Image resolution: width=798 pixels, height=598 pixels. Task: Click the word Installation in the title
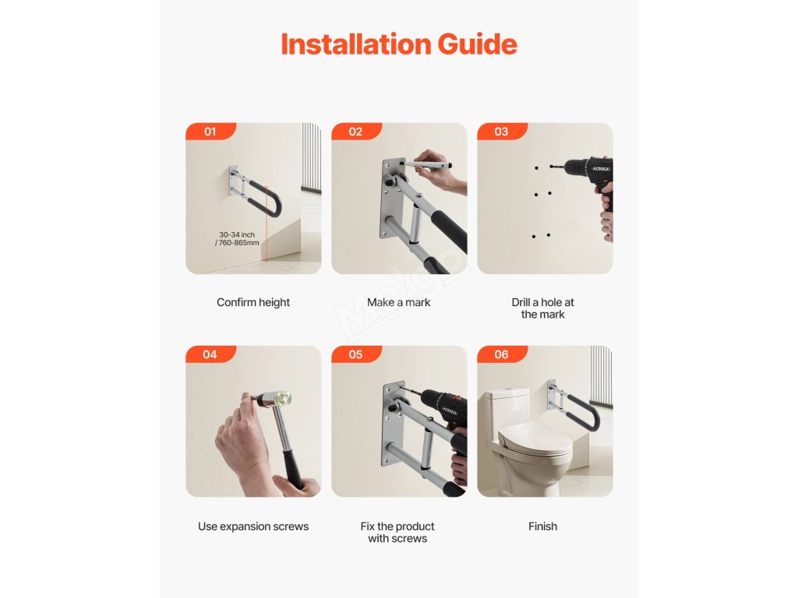click(x=356, y=44)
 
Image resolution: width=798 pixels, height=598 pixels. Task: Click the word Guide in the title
click(x=478, y=44)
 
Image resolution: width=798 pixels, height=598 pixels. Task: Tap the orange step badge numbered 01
click(x=210, y=131)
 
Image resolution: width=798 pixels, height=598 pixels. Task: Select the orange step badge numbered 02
click(x=355, y=131)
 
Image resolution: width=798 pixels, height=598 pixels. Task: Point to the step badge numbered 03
click(x=501, y=131)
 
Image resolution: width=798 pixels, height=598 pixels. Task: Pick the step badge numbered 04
click(x=210, y=354)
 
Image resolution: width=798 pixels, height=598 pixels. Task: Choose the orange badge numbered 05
click(x=355, y=354)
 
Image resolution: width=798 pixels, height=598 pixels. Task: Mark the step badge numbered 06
click(x=501, y=354)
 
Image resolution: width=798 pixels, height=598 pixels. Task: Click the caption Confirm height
click(x=253, y=303)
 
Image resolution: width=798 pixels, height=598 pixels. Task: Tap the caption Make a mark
click(x=398, y=303)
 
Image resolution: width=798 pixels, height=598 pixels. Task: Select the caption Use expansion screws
click(x=253, y=526)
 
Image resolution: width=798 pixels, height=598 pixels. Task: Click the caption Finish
click(x=542, y=526)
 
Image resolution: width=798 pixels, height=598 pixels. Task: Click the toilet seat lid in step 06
click(x=535, y=439)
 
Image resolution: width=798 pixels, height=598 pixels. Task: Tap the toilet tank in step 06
click(x=508, y=411)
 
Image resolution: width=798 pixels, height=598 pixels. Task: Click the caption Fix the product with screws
click(x=397, y=533)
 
